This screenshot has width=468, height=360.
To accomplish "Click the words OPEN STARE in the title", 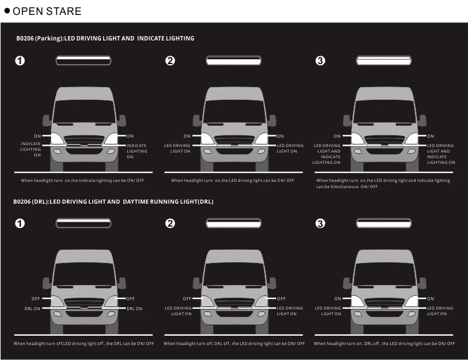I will [47, 11].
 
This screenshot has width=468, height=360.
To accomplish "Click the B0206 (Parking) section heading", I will [105, 39].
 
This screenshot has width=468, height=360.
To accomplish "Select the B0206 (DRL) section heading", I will [113, 202].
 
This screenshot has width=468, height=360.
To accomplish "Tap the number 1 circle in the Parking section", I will [20, 60].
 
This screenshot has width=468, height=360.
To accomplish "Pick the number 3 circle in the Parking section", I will [320, 60].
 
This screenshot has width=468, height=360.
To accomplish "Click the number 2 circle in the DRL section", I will [170, 224].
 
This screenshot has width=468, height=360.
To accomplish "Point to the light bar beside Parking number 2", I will [234, 60].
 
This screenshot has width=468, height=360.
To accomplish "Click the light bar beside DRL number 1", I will [84, 223].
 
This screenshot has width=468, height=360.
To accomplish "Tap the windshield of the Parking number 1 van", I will [83, 110].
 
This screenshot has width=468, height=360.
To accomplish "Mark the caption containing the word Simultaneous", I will [383, 183].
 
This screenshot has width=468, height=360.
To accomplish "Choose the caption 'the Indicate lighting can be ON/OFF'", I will [83, 181].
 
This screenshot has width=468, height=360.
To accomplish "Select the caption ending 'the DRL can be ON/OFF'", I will [84, 344].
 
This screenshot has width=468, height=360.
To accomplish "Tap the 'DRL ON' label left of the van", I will [32, 308].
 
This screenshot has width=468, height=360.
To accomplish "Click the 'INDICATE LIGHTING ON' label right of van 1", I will [137, 151].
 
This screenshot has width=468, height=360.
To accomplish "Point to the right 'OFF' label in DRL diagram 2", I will [281, 299].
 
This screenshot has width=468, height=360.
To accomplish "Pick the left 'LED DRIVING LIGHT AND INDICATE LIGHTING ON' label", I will [327, 154].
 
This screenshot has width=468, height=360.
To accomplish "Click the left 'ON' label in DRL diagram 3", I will [337, 299].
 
